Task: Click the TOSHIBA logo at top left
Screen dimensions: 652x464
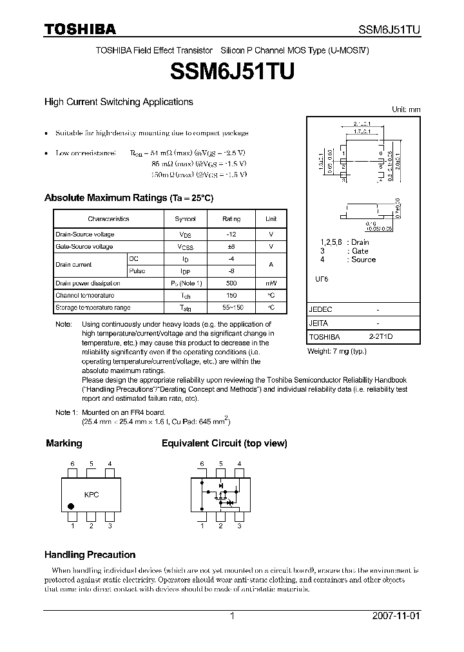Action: pos(80,29)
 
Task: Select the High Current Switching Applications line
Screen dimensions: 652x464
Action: pos(119,102)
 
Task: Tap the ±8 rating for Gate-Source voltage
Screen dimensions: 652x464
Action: pos(231,247)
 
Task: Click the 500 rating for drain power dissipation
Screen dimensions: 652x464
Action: pos(231,283)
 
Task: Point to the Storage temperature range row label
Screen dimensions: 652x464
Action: pos(93,308)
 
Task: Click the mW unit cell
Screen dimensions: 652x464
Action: pos(271,283)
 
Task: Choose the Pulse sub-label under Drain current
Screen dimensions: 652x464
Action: pos(137,271)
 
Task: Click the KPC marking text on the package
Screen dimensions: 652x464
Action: pos(92,495)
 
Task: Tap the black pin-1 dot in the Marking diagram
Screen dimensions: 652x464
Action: pos(71,507)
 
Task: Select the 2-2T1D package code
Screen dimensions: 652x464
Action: pos(380,337)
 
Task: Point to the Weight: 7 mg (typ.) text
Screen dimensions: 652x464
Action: pos(336,351)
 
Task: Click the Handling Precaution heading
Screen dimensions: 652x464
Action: pos(90,555)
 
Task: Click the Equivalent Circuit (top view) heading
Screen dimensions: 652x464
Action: pos(224,443)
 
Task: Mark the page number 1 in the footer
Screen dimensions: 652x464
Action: pos(232,616)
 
